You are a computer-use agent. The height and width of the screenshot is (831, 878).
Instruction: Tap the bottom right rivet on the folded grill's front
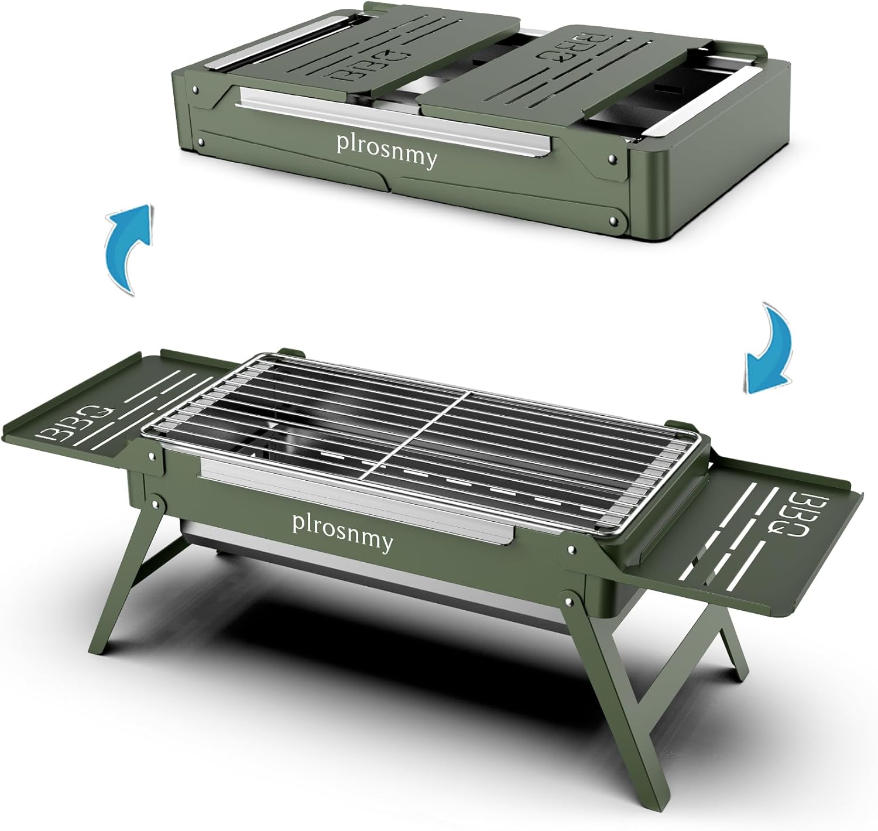tap(613, 221)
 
